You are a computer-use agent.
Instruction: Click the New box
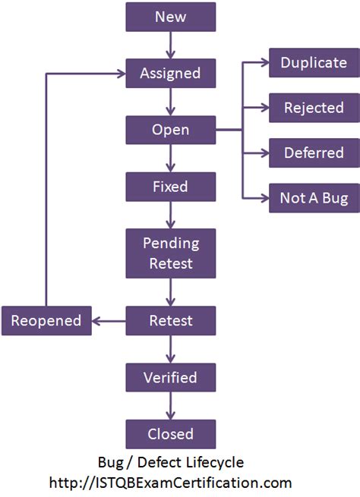click(x=171, y=17)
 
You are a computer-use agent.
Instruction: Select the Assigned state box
click(x=171, y=74)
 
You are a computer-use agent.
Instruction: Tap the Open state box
click(x=171, y=131)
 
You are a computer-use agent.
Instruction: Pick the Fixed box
click(x=171, y=187)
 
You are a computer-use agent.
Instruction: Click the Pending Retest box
click(x=171, y=253)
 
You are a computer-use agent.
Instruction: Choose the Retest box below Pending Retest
click(x=171, y=321)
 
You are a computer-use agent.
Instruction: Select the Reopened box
click(x=46, y=321)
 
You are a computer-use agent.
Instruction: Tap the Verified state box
click(x=171, y=377)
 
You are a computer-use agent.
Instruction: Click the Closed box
click(x=171, y=434)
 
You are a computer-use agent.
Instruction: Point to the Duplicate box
click(x=314, y=62)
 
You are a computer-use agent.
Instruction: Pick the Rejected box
click(x=314, y=108)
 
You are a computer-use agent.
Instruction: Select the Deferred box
click(x=314, y=153)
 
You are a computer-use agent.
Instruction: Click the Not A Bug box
click(x=314, y=199)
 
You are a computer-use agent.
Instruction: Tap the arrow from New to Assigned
click(x=171, y=45)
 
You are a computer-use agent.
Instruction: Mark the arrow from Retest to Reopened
click(x=109, y=321)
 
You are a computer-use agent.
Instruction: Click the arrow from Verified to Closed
click(x=171, y=405)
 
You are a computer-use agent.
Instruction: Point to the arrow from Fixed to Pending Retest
click(x=171, y=215)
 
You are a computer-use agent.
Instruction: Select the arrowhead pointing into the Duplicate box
click(x=264, y=62)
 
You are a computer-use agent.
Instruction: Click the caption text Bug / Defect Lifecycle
click(x=171, y=462)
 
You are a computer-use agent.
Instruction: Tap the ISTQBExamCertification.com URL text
click(x=171, y=483)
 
